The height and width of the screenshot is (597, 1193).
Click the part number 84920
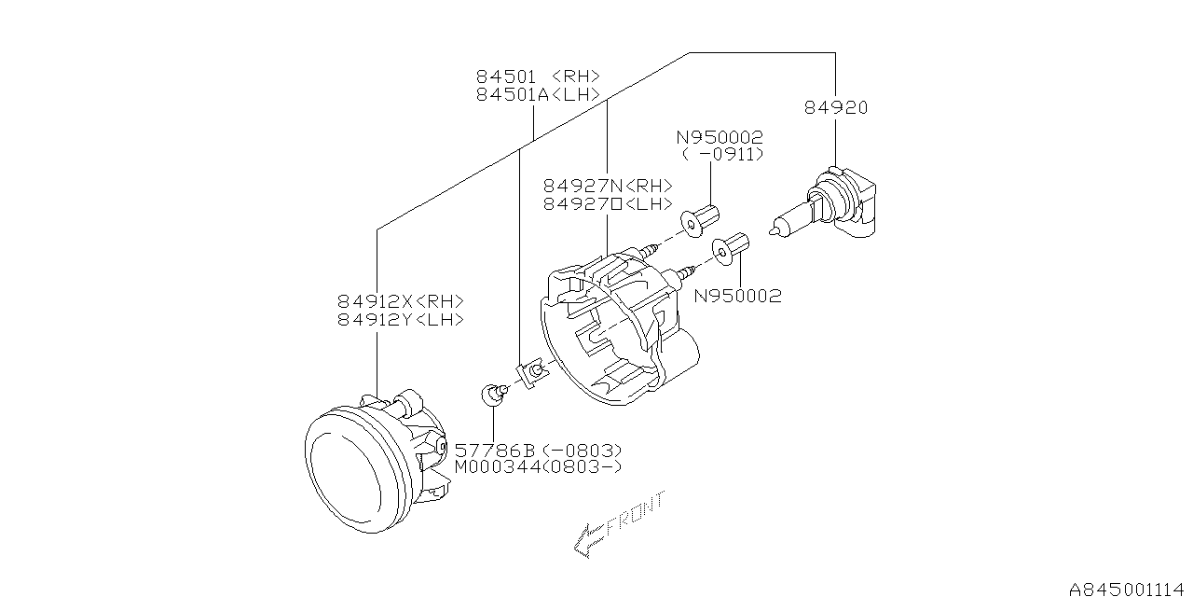(x=836, y=108)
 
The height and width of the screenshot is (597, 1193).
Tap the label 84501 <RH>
(x=538, y=76)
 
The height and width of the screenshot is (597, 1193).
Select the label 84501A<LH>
(x=538, y=94)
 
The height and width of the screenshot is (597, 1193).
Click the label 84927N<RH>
(x=608, y=186)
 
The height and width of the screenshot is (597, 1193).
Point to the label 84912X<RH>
(x=401, y=301)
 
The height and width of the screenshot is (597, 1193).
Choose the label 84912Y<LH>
(x=401, y=319)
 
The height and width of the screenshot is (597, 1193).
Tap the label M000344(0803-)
(x=538, y=466)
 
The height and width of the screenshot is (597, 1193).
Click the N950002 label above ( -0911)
(x=720, y=137)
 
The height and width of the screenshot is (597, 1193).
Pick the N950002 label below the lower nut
(x=737, y=297)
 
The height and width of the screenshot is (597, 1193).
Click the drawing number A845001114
(x=1129, y=588)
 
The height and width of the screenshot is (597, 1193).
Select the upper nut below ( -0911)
(x=703, y=218)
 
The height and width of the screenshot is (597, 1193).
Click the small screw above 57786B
(x=493, y=394)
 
